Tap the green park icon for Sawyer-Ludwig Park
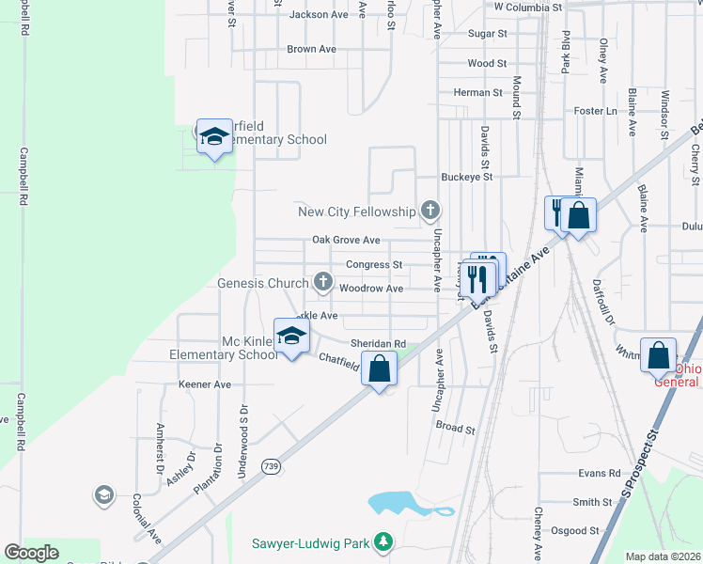pyautogui.click(x=383, y=541)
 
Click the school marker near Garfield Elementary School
pyautogui.click(x=214, y=136)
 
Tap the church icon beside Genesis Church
pyautogui.click(x=323, y=281)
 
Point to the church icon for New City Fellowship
pyautogui.click(x=430, y=210)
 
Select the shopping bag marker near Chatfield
pyautogui.click(x=379, y=368)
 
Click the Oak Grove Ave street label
pyautogui.click(x=346, y=241)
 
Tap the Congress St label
pyautogui.click(x=374, y=265)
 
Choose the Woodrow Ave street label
pyautogui.click(x=371, y=289)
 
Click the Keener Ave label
pyautogui.click(x=204, y=384)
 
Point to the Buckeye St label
pyautogui.click(x=467, y=177)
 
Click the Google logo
pyautogui.click(x=31, y=553)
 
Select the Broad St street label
pyautogui.click(x=456, y=428)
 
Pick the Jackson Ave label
pyautogui.click(x=319, y=15)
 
